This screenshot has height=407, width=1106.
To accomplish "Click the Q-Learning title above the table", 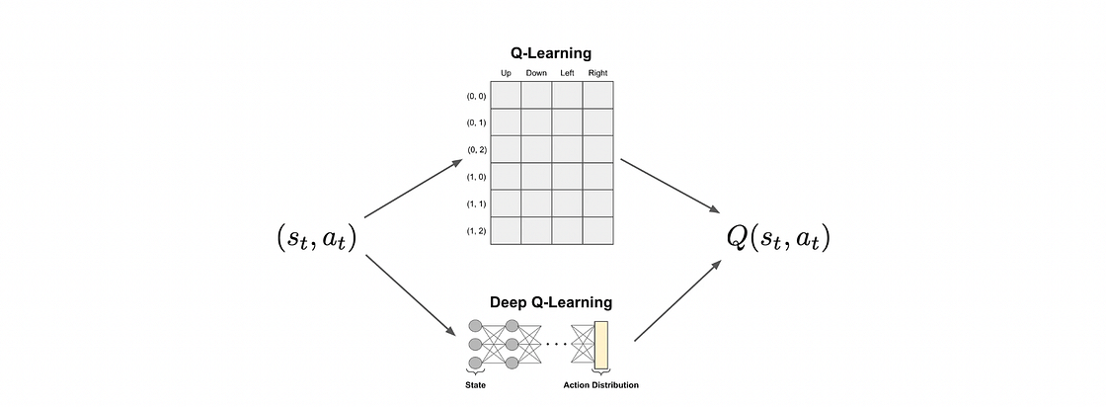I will tap(552, 53).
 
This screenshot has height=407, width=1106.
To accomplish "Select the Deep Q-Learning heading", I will tap(551, 301).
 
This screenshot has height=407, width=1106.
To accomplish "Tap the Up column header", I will tap(506, 73).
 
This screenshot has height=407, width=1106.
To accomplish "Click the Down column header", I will tap(536, 73).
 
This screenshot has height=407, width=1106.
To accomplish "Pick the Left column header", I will tap(567, 73).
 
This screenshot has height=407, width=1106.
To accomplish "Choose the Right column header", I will tap(598, 73).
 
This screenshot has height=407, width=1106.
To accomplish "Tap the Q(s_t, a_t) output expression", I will tap(777, 238).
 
